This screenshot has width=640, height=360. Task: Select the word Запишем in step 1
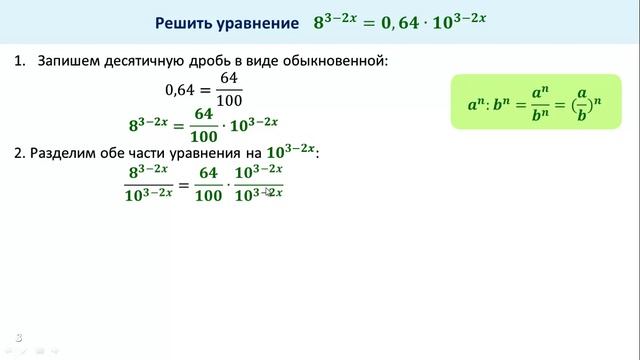pyautogui.click(x=68, y=62)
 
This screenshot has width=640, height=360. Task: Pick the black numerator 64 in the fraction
pyautogui.click(x=229, y=79)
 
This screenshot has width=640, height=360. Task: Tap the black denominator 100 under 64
pyautogui.click(x=229, y=101)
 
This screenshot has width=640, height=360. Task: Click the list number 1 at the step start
pyautogui.click(x=18, y=62)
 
